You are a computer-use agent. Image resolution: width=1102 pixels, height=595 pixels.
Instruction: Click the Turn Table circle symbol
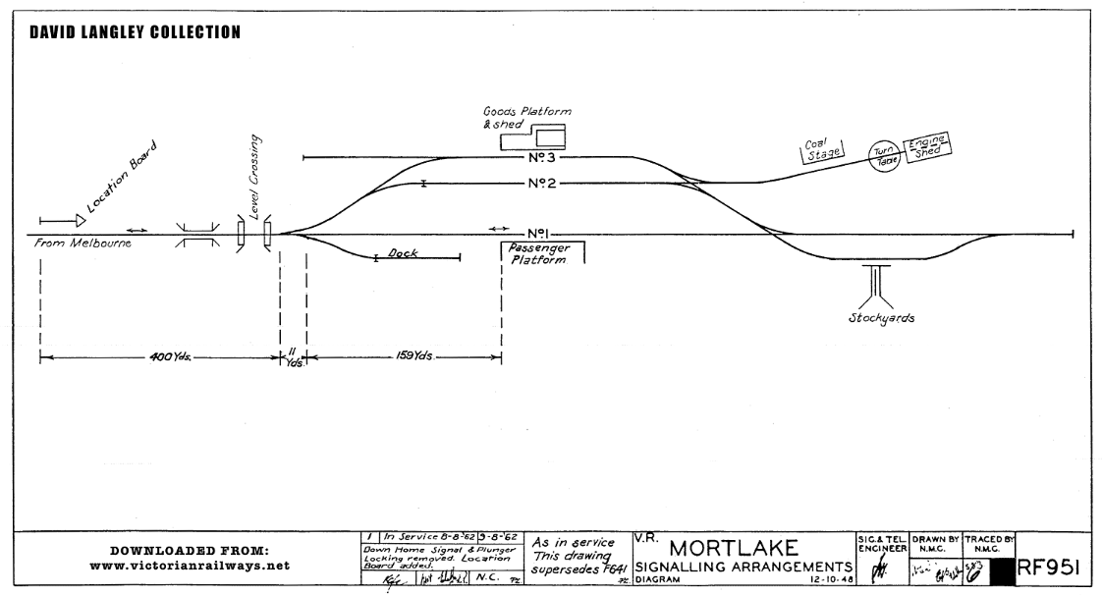click(x=881, y=155)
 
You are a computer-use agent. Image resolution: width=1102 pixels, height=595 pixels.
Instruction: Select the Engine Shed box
click(x=927, y=145)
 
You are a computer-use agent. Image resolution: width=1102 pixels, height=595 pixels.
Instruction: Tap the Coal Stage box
click(x=820, y=156)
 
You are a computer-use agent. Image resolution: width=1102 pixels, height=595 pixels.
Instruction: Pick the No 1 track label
click(x=536, y=234)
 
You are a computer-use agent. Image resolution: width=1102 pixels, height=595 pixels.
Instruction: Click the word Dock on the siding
click(x=403, y=253)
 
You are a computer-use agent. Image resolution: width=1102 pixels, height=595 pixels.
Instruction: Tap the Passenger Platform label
click(x=538, y=255)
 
